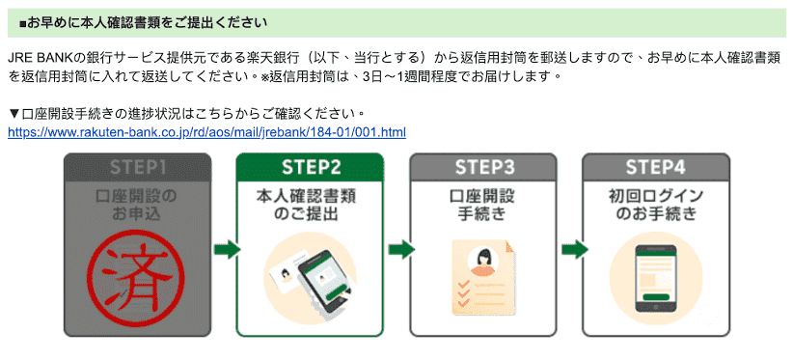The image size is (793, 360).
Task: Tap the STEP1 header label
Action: coord(137,166)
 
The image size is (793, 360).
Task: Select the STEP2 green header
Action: coord(311,166)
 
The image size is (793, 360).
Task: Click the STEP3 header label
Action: coord(482,166)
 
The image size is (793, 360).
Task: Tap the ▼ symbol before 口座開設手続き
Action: coord(14,114)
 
